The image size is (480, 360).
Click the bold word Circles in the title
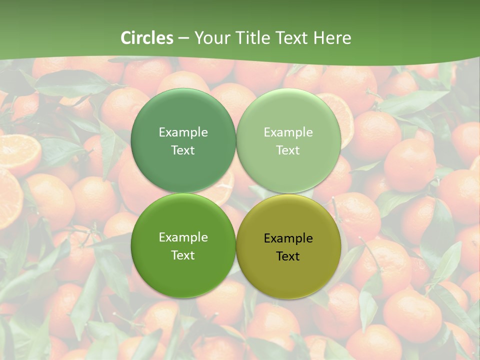pos(147,38)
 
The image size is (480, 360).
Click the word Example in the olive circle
pos(288,238)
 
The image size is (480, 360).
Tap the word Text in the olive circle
pos(288,256)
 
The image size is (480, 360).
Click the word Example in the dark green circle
pos(183,132)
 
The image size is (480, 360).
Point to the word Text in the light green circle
pos(288,150)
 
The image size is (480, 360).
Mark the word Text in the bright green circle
pos(183,255)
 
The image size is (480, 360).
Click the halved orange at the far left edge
pos(17,152)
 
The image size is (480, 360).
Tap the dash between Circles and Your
pos(183,38)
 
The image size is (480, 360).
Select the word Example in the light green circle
pos(288,132)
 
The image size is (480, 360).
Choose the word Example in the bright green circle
pos(183,237)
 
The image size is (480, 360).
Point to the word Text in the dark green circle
pos(183,150)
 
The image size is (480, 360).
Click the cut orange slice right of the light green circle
pos(345,117)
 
